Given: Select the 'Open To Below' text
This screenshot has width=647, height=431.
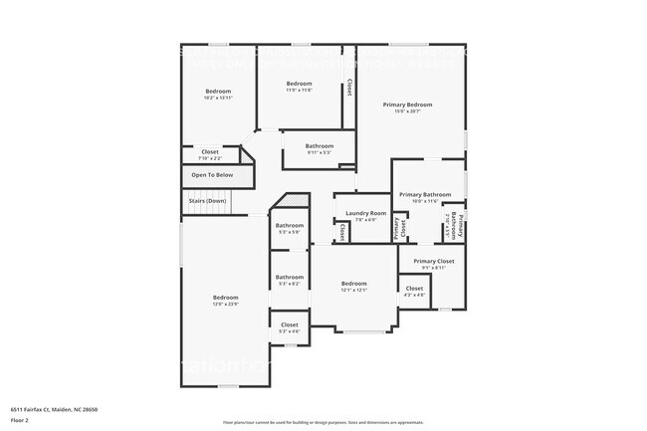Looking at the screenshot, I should [x=212, y=175].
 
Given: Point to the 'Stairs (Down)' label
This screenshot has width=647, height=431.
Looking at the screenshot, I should [x=207, y=201].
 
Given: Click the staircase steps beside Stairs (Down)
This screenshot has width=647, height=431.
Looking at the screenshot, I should [x=240, y=201].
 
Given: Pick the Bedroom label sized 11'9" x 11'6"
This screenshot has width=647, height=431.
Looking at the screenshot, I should [x=299, y=84].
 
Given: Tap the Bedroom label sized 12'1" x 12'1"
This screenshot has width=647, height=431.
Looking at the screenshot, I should [x=353, y=284].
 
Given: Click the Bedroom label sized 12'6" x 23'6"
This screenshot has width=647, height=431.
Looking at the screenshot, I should [x=225, y=298].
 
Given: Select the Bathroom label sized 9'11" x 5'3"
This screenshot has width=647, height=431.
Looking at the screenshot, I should [x=320, y=146].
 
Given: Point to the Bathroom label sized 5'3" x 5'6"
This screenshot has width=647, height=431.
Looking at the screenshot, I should [x=290, y=226].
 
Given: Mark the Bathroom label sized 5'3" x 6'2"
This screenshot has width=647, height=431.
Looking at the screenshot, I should [x=290, y=278].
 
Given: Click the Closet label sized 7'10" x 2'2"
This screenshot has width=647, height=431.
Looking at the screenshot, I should [x=209, y=152].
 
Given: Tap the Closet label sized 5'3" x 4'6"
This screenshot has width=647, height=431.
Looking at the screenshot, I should [x=290, y=325].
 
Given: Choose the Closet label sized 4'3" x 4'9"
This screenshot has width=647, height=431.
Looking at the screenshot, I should [x=414, y=290].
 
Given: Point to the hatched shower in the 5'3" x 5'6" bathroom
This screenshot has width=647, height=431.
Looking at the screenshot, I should [x=289, y=204].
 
